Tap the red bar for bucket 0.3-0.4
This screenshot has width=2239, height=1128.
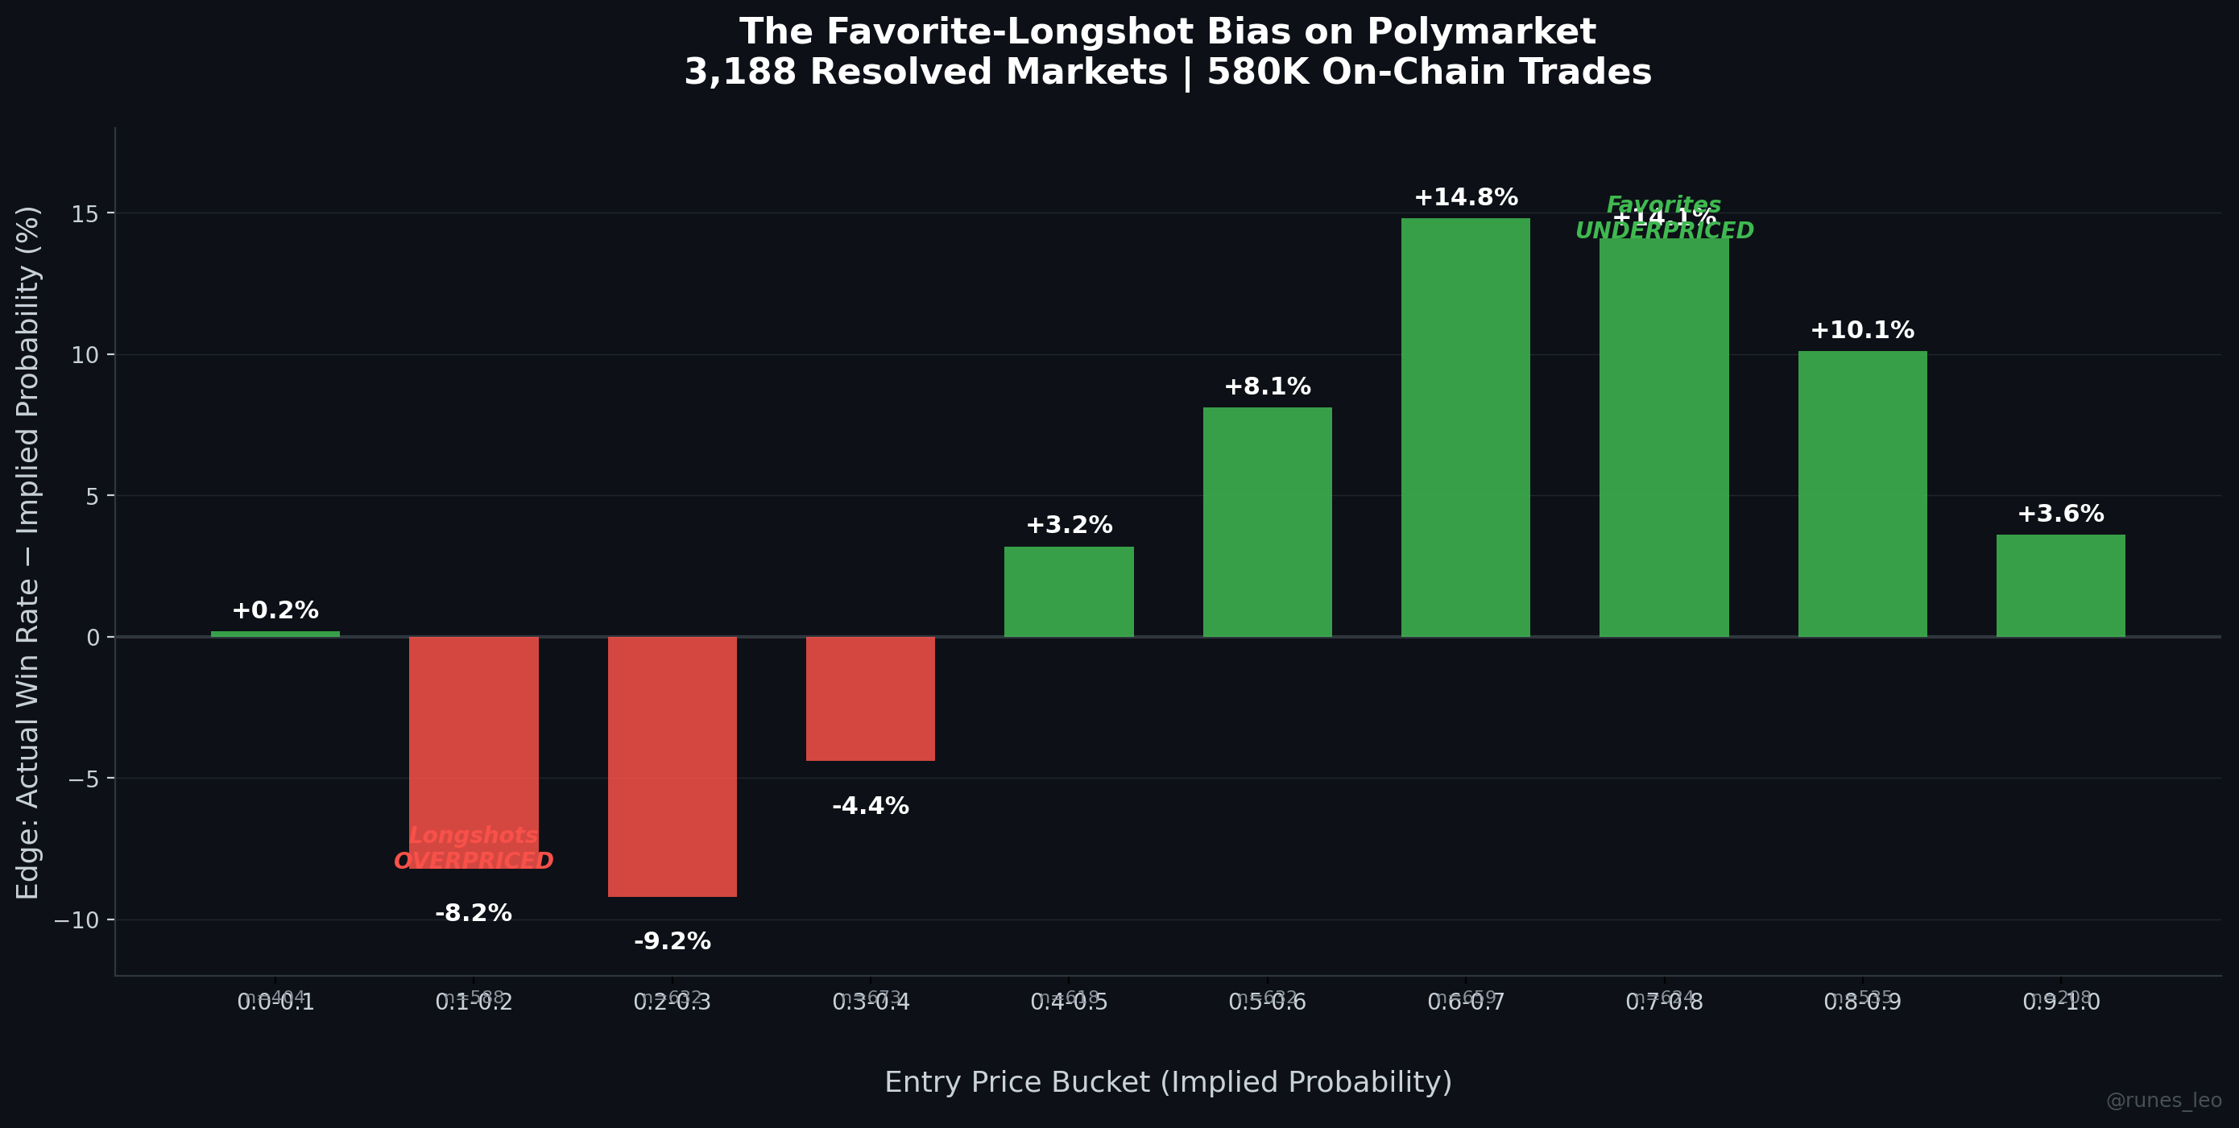(x=870, y=699)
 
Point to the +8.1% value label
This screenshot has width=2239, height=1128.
(x=1267, y=386)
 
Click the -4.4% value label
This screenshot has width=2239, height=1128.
(x=870, y=807)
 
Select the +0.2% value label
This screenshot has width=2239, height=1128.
(x=275, y=611)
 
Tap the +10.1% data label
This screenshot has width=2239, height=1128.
(x=1862, y=331)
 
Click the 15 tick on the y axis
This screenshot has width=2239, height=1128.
(x=85, y=214)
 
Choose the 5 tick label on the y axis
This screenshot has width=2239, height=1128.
(x=93, y=496)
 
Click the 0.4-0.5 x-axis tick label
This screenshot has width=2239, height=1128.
(x=1068, y=1002)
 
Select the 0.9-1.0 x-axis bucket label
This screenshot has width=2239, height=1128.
(x=2060, y=1002)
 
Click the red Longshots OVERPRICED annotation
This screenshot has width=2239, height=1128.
(x=474, y=848)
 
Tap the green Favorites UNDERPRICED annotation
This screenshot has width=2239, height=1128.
(x=1664, y=218)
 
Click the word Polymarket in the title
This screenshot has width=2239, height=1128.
(x=1481, y=32)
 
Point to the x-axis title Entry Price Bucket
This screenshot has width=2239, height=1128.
(x=1167, y=1082)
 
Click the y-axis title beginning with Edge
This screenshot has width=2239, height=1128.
(x=28, y=552)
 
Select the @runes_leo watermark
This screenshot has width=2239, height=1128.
(x=2163, y=1100)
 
